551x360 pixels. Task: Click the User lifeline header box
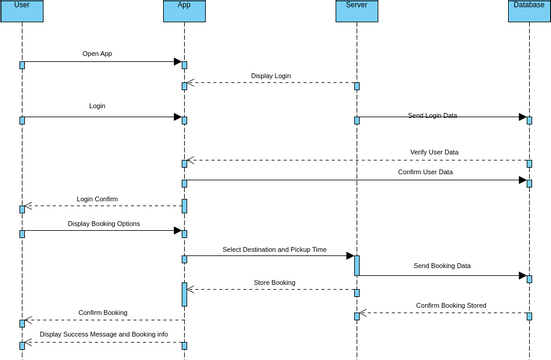22,10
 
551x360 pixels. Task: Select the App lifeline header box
184,10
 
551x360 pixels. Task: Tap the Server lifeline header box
356,10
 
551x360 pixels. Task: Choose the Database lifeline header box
529,10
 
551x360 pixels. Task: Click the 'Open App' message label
97,54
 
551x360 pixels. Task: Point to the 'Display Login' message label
271,76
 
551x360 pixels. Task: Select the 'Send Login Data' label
432,116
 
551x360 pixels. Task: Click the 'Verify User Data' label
434,153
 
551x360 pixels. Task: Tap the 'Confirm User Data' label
425,172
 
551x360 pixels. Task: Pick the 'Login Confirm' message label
97,199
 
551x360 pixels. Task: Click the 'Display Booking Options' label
104,224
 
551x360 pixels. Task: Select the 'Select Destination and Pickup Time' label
274,250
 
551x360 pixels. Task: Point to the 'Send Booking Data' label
442,266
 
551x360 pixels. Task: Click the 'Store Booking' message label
274,283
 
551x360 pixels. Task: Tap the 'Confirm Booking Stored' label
451,306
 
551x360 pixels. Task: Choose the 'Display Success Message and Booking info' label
104,334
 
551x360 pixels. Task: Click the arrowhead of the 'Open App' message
178,62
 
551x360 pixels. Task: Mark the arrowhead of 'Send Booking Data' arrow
522,275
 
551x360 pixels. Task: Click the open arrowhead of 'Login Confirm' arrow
29,206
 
